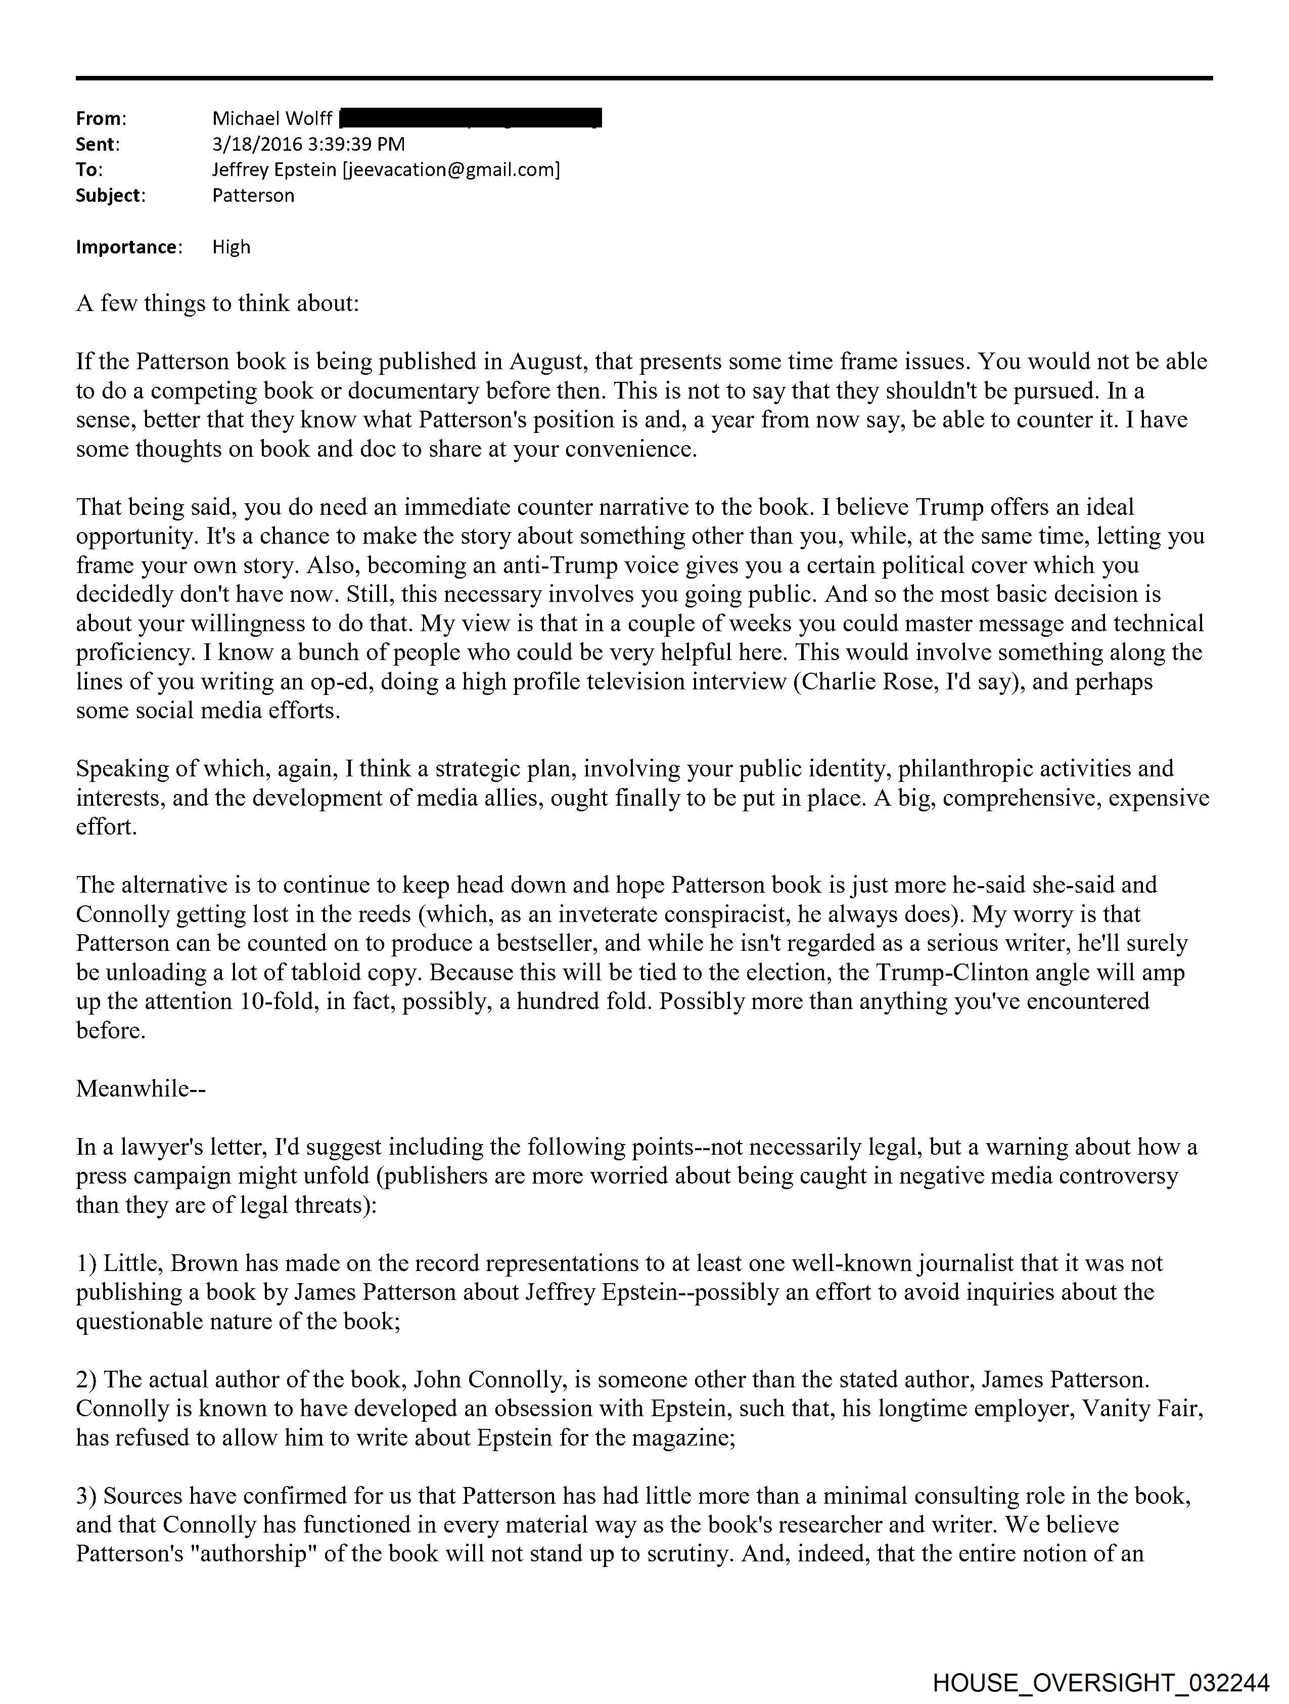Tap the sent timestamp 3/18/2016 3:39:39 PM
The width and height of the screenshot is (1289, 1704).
point(308,144)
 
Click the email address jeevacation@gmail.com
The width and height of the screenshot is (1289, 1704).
point(450,169)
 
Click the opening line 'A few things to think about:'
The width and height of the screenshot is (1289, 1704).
point(217,303)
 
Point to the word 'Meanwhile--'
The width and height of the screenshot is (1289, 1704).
point(140,1088)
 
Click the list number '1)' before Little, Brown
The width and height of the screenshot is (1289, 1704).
point(86,1263)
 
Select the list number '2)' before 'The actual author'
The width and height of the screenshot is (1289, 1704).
point(86,1380)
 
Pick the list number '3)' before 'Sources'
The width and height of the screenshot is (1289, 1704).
point(86,1496)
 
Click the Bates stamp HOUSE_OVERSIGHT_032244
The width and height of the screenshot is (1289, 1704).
point(1100,1682)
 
